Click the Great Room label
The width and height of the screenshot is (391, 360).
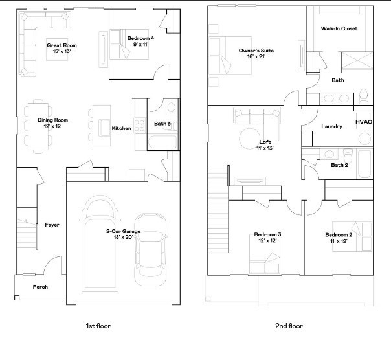62,45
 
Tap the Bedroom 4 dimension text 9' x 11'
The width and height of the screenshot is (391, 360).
141,45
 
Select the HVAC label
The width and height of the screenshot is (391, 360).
364,122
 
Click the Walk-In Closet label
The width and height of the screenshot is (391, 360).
339,28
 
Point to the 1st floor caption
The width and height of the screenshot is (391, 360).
98,326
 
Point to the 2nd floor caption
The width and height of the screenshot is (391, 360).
289,326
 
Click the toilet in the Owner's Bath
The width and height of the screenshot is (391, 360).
363,96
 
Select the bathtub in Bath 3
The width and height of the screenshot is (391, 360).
163,142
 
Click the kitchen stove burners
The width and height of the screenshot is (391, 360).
139,126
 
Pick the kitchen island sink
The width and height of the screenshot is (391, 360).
104,128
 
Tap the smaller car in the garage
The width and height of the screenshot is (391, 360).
150,249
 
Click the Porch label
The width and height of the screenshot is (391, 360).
40,287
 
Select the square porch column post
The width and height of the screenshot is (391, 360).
17,298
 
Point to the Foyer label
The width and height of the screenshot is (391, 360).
52,225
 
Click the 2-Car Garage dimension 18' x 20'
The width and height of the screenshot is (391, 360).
124,237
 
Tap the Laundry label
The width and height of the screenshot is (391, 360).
331,126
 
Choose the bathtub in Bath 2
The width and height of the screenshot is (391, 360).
364,164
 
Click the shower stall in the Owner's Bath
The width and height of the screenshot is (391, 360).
357,60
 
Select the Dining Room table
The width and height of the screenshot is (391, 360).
38,126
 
